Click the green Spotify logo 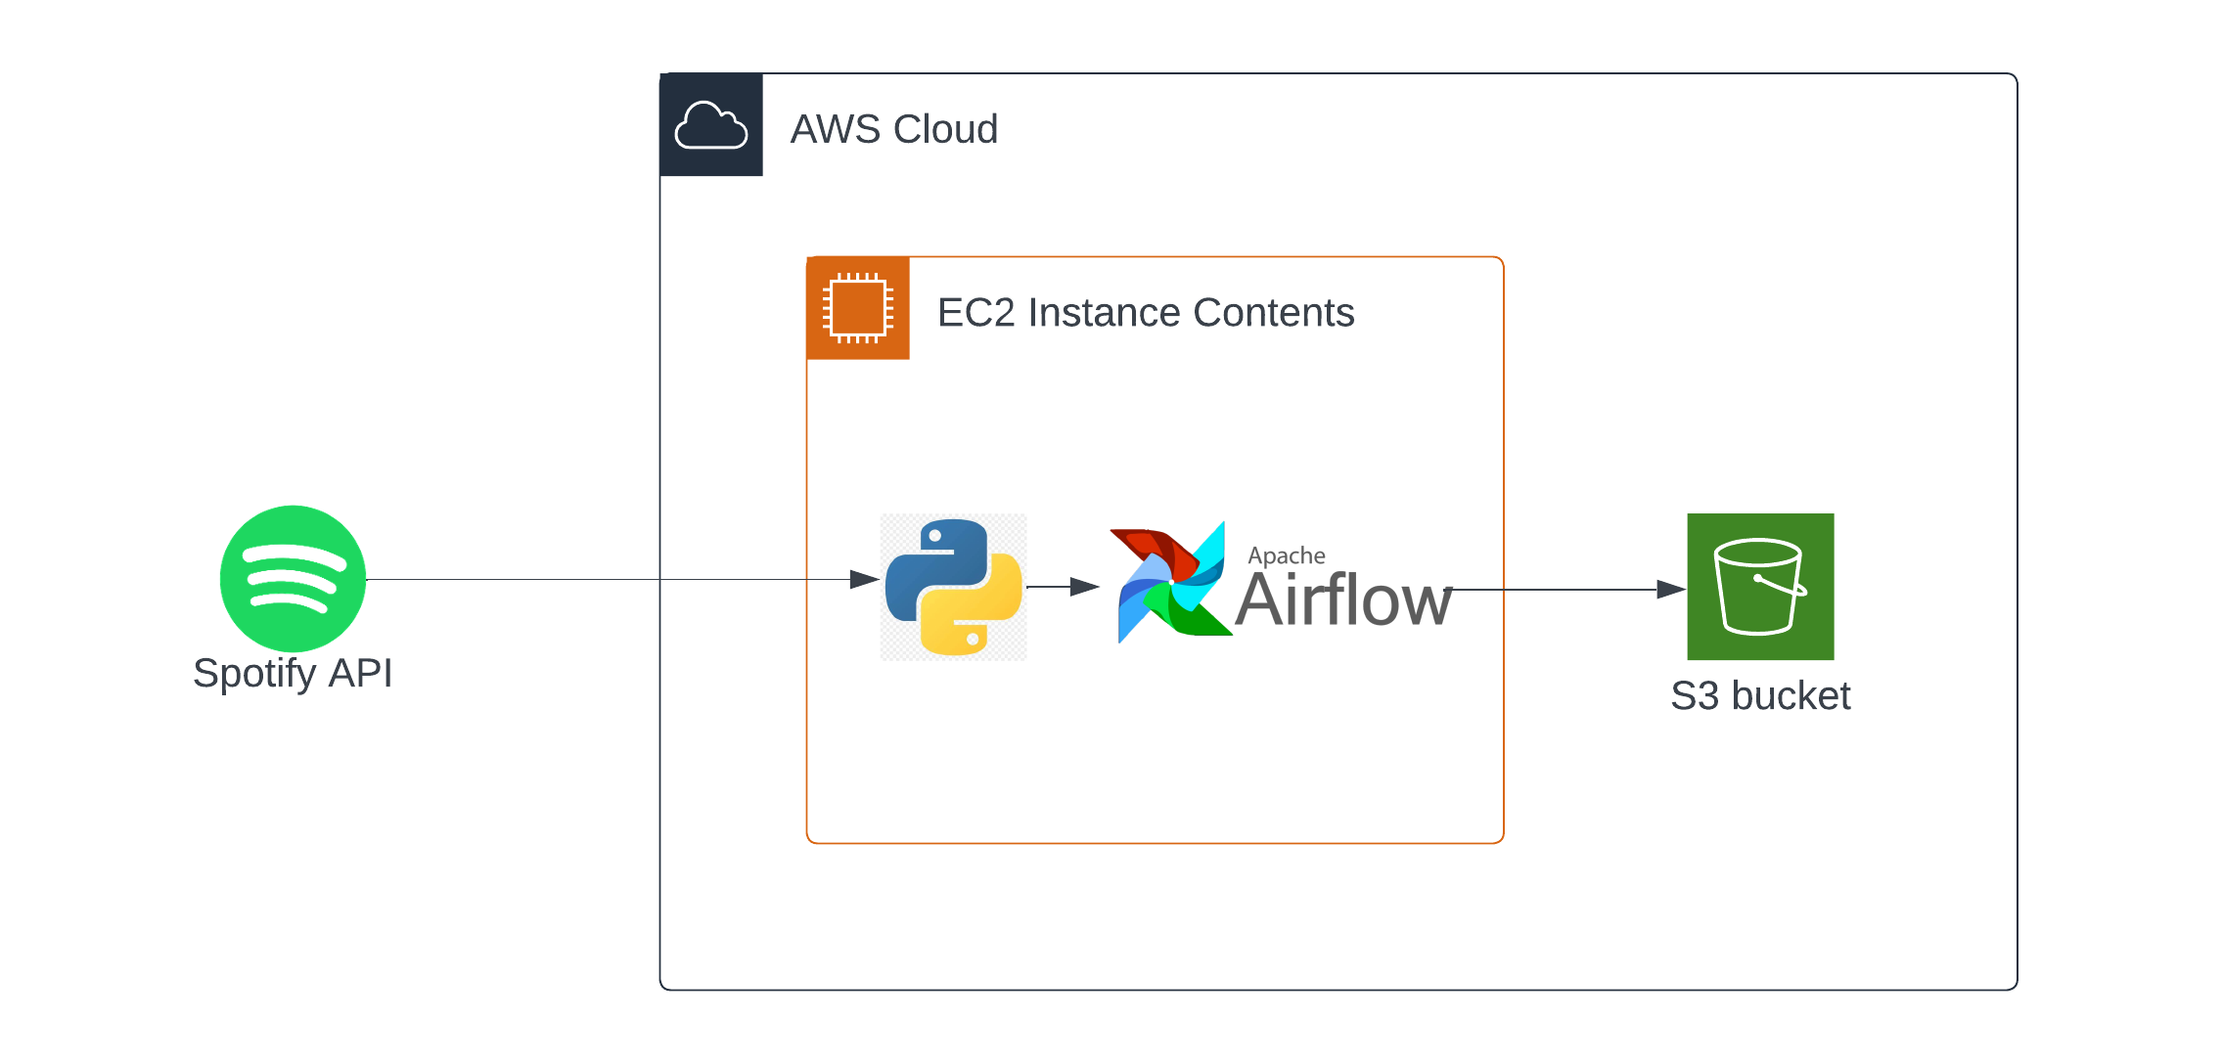tap(293, 578)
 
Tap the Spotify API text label tap(293, 674)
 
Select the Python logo tap(954, 587)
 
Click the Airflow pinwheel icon tap(1171, 582)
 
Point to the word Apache tap(1287, 555)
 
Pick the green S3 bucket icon tap(1760, 587)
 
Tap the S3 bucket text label tap(1760, 696)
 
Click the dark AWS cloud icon tap(711, 125)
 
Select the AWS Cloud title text tap(894, 129)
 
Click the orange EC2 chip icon tap(858, 308)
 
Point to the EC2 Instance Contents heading tap(1146, 313)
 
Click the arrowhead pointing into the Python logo tap(865, 580)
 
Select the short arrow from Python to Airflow tap(1064, 587)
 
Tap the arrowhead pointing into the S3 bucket tap(1671, 590)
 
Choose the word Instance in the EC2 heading tap(1105, 313)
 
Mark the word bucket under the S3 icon tap(1791, 696)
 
